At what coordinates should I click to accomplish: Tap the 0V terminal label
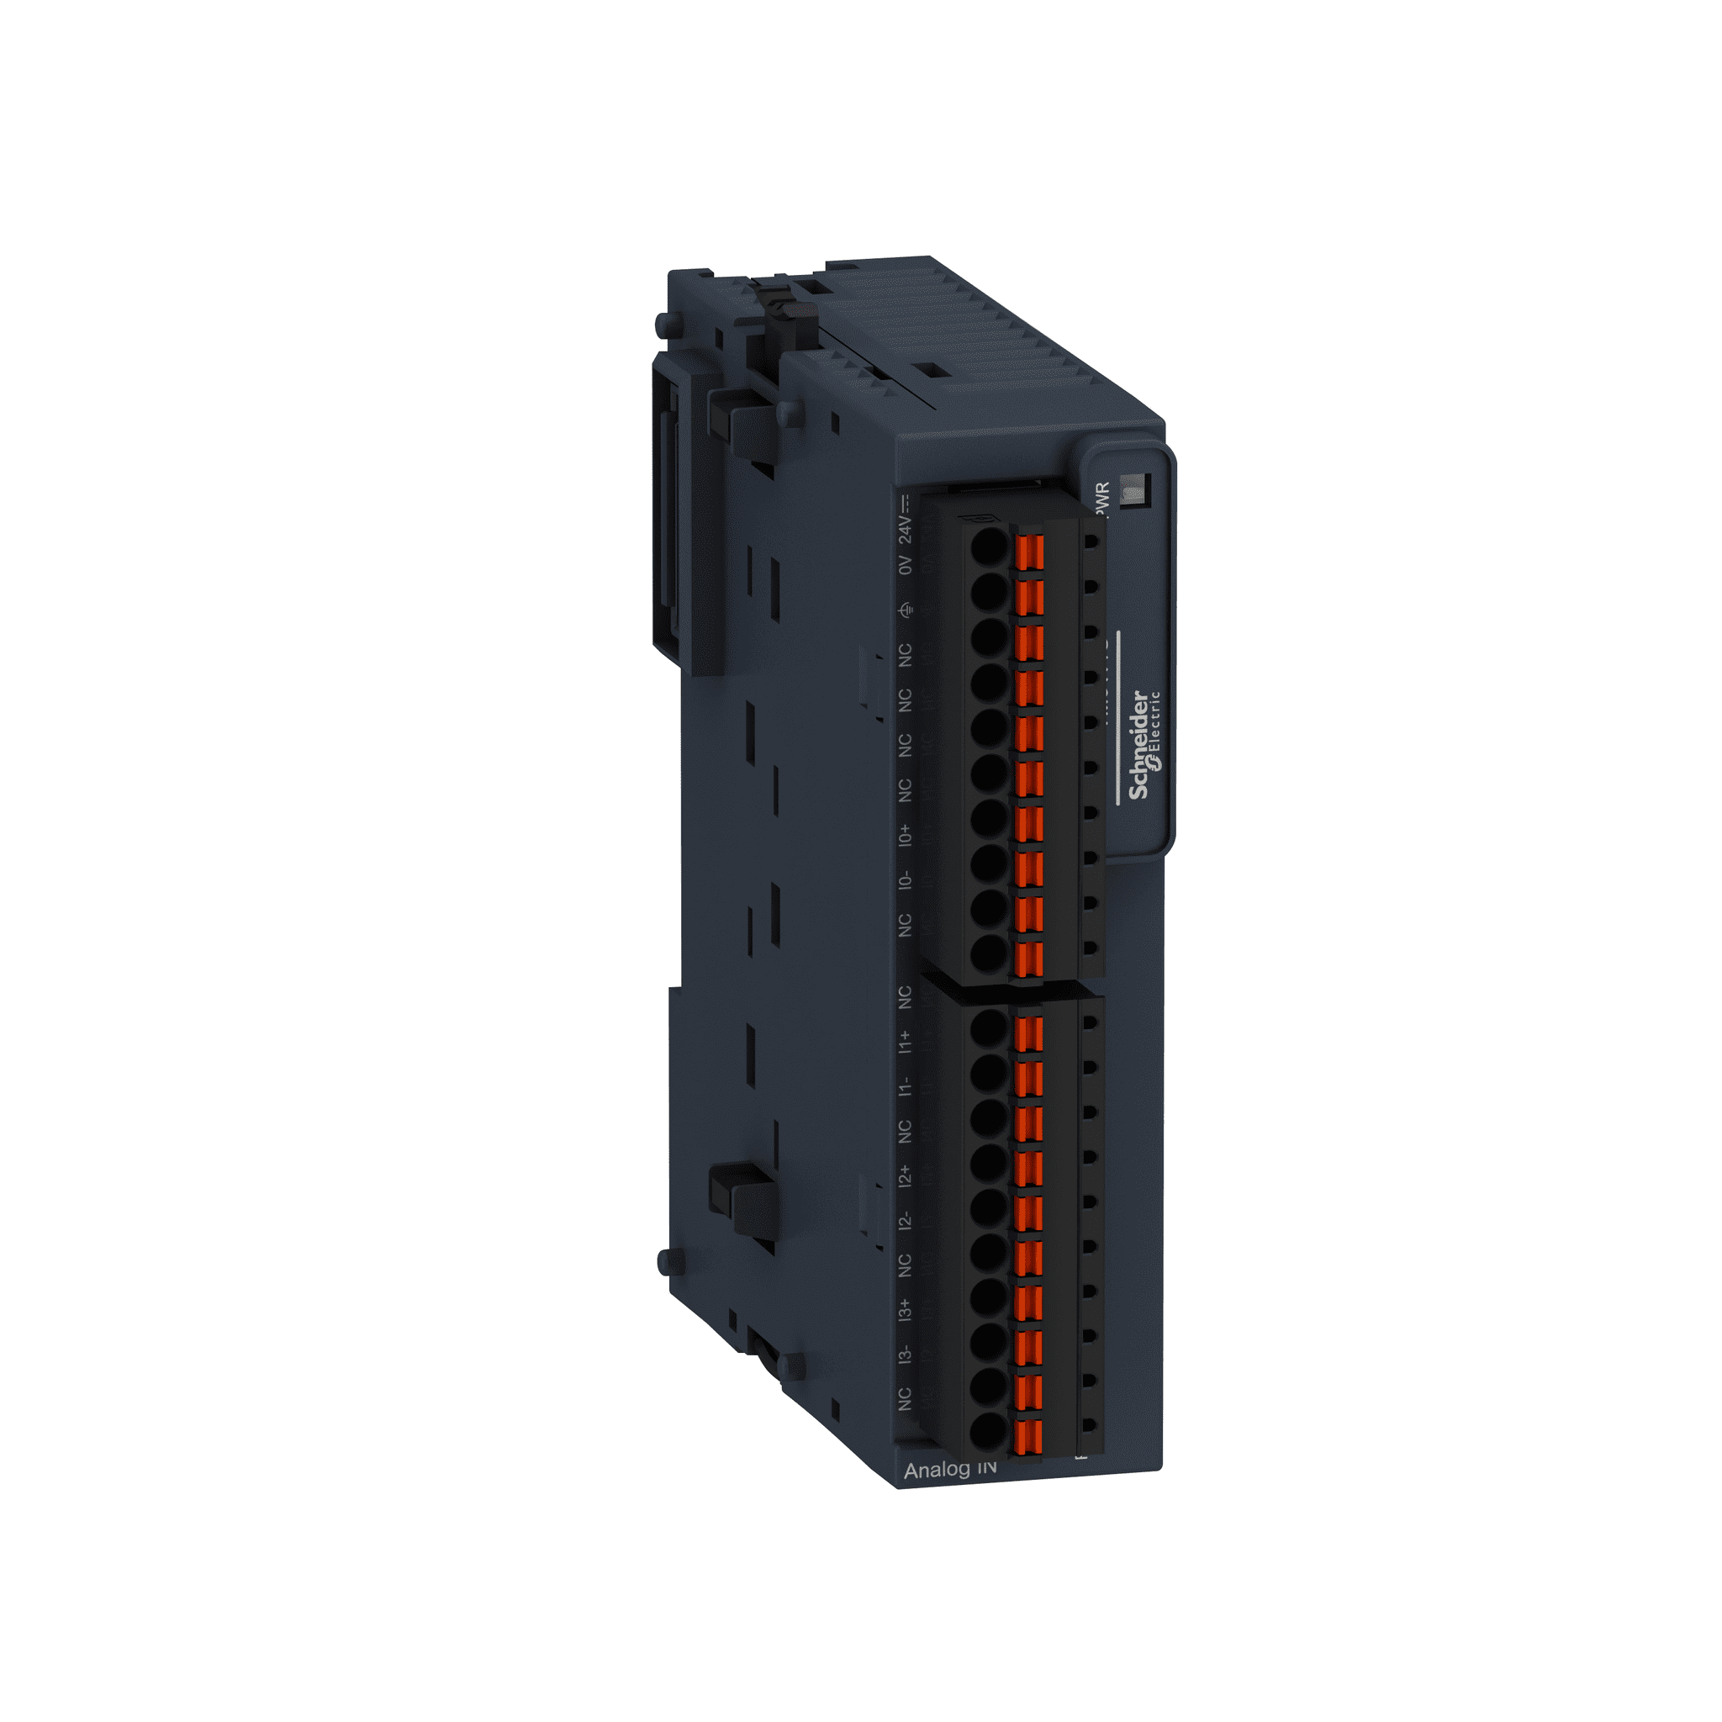pyautogui.click(x=906, y=565)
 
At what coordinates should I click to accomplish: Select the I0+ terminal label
pyautogui.click(x=906, y=835)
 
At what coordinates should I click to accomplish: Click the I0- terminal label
pyautogui.click(x=906, y=880)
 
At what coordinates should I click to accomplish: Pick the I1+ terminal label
pyautogui.click(x=906, y=1041)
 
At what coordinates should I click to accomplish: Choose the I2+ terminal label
pyautogui.click(x=906, y=1175)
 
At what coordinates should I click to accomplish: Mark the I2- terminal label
pyautogui.click(x=906, y=1221)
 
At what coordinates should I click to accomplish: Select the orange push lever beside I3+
pyautogui.click(x=1028, y=1303)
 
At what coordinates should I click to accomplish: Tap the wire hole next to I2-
pyautogui.click(x=989, y=1207)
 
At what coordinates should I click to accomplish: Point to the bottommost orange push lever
pyautogui.click(x=1028, y=1437)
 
